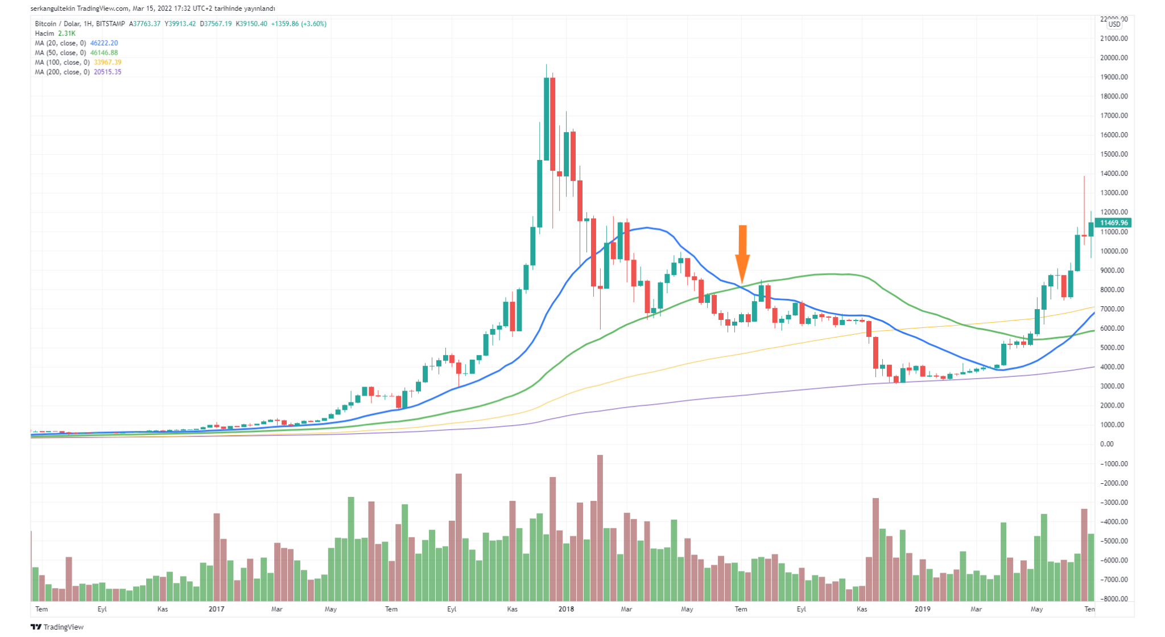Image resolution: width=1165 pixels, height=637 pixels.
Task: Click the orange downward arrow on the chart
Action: [x=742, y=253]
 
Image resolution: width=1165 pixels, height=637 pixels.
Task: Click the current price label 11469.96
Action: [x=1114, y=223]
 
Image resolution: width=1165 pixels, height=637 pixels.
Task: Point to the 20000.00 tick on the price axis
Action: [x=1114, y=58]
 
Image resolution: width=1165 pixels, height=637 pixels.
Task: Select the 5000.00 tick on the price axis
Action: [x=1114, y=348]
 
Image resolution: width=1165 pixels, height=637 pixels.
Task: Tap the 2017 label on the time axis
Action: [x=216, y=609]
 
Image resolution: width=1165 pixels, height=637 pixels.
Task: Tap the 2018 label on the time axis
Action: [x=566, y=609]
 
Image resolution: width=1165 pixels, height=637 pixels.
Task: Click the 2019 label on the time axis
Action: [x=922, y=609]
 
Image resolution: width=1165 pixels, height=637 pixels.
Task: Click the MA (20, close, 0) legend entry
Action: [x=60, y=43]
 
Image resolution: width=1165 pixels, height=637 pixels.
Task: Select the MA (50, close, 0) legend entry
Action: [x=60, y=53]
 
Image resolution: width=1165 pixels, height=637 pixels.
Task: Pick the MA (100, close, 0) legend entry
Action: [x=62, y=63]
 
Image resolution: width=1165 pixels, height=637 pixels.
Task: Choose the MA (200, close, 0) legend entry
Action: [x=62, y=72]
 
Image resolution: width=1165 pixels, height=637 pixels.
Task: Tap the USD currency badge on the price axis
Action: [x=1114, y=24]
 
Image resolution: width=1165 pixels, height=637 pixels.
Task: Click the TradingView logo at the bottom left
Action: [x=57, y=627]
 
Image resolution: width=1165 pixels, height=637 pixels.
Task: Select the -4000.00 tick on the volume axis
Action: [x=1114, y=522]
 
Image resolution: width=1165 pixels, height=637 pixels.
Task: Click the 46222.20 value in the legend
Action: [x=104, y=43]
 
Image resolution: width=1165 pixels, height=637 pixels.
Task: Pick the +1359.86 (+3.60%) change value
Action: [x=299, y=24]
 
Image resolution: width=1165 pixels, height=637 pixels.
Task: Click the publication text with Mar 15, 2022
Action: [x=152, y=9]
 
